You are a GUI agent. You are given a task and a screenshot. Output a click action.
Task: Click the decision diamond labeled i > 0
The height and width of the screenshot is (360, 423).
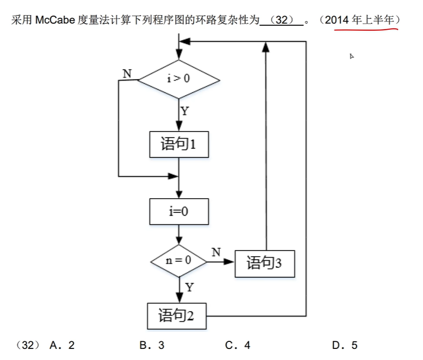coord(179,79)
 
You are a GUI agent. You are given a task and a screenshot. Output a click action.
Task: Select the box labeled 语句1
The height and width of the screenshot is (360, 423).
coord(179,145)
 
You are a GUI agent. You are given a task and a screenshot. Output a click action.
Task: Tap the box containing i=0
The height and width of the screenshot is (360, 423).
coord(179,211)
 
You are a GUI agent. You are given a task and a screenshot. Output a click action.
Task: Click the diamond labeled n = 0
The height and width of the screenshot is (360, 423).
coord(179,261)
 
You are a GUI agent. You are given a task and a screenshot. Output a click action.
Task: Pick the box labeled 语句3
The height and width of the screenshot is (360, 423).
coord(265,263)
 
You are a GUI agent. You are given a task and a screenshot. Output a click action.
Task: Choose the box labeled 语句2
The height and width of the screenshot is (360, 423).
coord(176,316)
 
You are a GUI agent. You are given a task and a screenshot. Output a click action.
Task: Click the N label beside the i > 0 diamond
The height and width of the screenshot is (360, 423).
coord(127,74)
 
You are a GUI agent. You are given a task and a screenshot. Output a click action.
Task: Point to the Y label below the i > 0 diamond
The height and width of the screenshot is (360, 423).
coord(185,111)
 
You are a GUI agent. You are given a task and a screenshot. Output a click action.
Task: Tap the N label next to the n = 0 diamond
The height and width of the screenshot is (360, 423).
coord(216,252)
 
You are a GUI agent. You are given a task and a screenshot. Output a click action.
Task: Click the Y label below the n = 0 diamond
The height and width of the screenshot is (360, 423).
coord(189,287)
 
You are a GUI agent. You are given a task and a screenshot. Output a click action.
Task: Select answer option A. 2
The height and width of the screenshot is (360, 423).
coord(63,345)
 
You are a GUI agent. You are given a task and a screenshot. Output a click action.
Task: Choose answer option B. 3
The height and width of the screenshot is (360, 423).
coord(152,345)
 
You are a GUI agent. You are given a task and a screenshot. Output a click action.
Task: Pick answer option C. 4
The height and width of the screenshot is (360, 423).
coord(238,345)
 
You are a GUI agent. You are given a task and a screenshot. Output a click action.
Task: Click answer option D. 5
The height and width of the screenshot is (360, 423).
coord(345,345)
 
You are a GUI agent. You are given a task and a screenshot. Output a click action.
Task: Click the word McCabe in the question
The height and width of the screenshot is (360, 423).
coord(56,21)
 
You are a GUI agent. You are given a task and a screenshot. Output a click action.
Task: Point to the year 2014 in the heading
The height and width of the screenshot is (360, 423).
coord(337,21)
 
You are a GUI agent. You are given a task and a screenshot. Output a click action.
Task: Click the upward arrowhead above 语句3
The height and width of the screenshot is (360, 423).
coord(265,46)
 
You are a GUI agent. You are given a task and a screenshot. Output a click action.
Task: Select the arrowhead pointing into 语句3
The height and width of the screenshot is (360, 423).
coord(231,262)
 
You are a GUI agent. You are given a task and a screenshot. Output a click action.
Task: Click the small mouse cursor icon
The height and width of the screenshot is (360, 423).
coord(352,56)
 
